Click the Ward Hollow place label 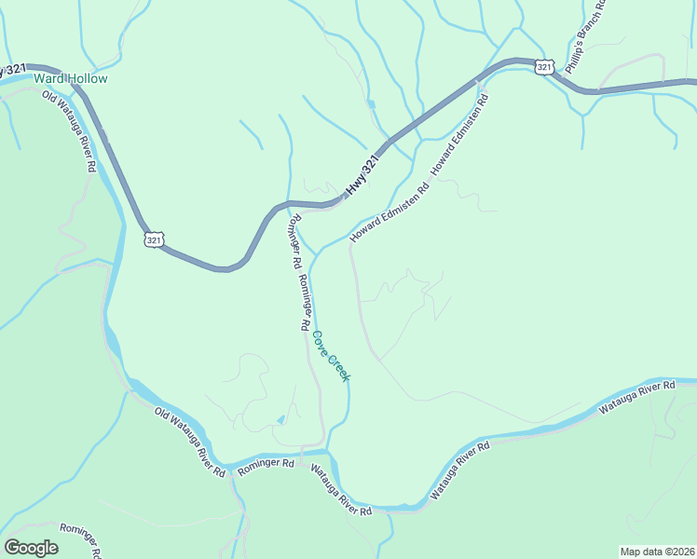point(71,79)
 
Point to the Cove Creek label point(331,356)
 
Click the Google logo point(31,548)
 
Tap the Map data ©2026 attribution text point(657,552)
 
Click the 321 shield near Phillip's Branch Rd point(545,65)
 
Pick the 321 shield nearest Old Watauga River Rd point(155,239)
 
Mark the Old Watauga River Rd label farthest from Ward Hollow point(190,443)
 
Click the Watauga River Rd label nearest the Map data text point(636,398)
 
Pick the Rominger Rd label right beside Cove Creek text point(303,303)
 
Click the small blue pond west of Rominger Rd point(280,420)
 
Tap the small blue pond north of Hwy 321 point(371,103)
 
